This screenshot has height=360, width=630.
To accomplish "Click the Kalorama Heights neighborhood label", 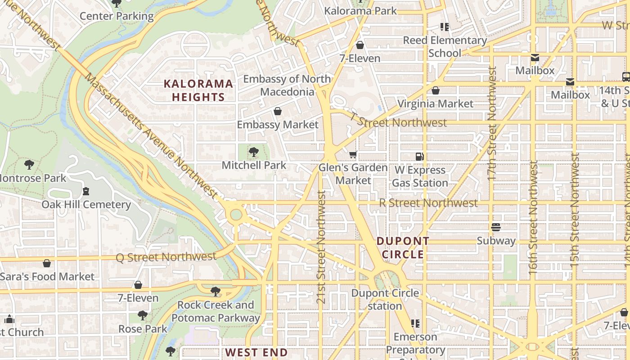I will coord(198,90).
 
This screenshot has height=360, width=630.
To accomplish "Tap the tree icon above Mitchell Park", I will coord(254,152).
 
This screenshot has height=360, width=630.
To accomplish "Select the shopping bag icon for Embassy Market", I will coord(278,111).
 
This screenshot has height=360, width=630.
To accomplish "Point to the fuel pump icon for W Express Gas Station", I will coord(419,157).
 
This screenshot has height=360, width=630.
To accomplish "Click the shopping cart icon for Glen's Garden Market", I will coord(353,155).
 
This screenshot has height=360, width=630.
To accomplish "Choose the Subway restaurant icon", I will coord(496,227).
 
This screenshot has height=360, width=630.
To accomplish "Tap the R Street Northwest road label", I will coord(428,203).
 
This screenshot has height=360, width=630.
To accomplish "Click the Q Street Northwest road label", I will coord(166,257).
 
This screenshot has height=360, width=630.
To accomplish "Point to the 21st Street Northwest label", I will coord(321,247).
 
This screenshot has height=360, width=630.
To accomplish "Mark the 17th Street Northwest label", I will coord(492,124).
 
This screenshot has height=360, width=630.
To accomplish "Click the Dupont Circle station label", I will coord(385,299).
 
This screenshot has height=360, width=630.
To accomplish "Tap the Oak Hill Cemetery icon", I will coord(86,191).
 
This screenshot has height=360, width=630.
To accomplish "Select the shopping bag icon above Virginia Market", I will coord(435,91).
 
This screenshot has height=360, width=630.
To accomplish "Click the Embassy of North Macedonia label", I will coord(287,85).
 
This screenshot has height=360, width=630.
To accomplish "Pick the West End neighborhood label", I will coord(256,352).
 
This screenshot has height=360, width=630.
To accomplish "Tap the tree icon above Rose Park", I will coord(143,315).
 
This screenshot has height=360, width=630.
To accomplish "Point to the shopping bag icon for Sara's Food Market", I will coord(47,263).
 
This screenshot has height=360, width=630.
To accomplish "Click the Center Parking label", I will coord(117,16).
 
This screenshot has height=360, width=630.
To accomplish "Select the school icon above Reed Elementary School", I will coord(445,27).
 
